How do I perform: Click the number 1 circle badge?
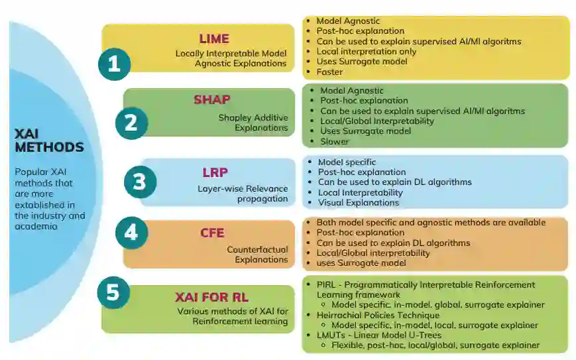pos(114,63)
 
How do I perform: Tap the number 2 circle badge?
pos(131,123)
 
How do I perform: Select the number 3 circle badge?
pos(139,182)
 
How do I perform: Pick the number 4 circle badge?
pos(131,232)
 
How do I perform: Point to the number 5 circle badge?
pos(113,292)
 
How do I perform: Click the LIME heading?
pos(214,38)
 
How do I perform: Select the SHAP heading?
pos(211,100)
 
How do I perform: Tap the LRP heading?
pos(215,173)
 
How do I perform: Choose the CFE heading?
pos(212,233)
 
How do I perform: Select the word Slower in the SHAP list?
pos(334,141)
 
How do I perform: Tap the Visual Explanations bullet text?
pos(359,202)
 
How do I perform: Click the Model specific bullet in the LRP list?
pos(347,162)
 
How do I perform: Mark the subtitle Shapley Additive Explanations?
pos(253,123)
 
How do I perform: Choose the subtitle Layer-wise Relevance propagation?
pos(243,194)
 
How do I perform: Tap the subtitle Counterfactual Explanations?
pos(257,255)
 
